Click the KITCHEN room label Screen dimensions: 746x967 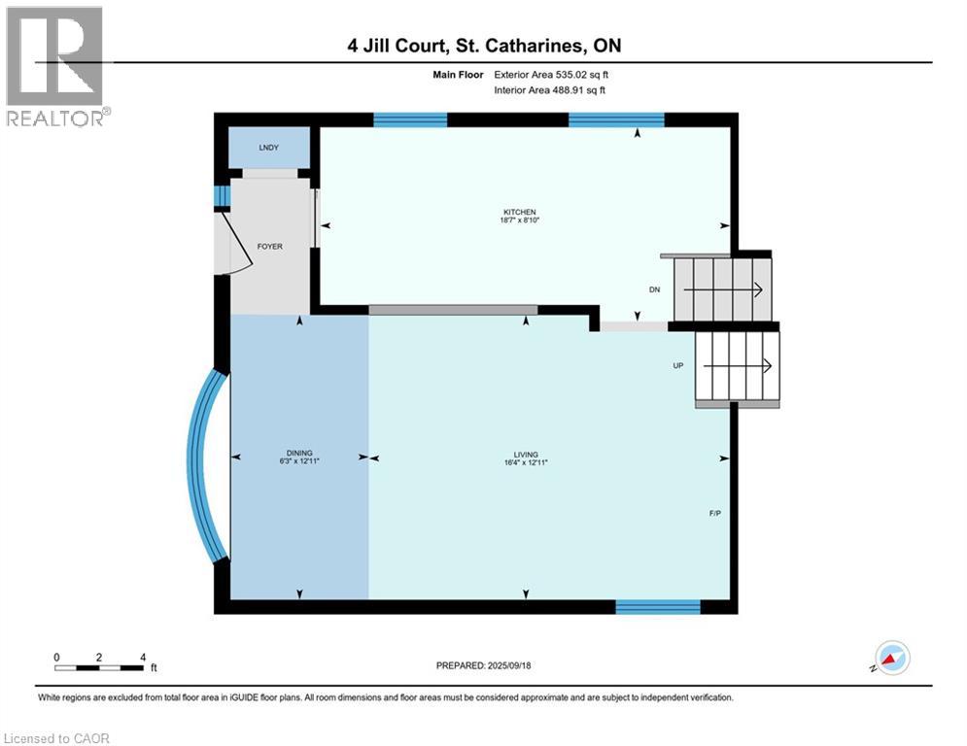point(519,212)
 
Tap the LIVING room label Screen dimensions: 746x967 point(526,455)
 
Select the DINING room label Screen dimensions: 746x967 point(299,455)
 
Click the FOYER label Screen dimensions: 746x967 point(269,247)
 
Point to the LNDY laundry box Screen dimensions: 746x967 point(268,149)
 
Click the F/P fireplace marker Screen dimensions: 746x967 point(714,513)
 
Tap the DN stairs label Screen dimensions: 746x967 point(655,290)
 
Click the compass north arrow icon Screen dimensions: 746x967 point(890,658)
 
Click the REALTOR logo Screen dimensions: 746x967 point(55,66)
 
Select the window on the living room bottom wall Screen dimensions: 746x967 point(658,607)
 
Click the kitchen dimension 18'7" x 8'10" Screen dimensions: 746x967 point(519,220)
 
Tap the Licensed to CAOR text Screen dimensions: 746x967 point(58,738)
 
